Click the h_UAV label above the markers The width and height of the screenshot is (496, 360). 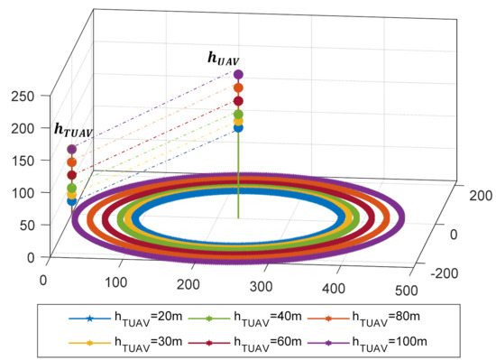coord(225,59)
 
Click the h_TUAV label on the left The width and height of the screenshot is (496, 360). coord(73,131)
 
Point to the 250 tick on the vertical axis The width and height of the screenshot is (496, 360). coord(21,96)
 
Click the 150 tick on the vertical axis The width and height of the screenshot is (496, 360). coord(21,160)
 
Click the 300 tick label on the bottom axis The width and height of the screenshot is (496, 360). coord(260,286)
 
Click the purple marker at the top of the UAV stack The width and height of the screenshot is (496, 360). coord(238,75)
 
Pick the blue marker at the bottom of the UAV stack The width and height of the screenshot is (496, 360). coord(238,128)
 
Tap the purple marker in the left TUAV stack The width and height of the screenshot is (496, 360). coord(72,149)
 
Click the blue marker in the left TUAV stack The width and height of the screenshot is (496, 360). coord(72,201)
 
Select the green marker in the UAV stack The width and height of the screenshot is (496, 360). coord(238,115)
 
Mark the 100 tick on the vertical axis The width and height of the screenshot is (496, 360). coord(21,192)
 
